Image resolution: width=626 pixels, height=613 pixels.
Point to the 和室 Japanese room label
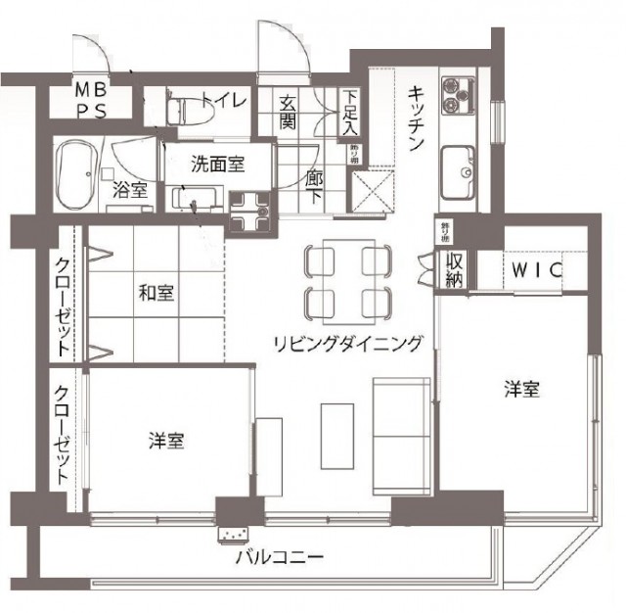[x=156, y=292]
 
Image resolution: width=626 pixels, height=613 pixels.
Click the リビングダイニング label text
[x=348, y=343]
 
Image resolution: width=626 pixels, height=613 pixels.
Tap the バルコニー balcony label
[x=279, y=557]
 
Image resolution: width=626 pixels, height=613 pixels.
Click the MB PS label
[x=94, y=100]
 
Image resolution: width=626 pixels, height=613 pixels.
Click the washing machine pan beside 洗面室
[x=250, y=209]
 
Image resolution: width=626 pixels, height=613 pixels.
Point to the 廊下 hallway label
[x=316, y=186]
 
